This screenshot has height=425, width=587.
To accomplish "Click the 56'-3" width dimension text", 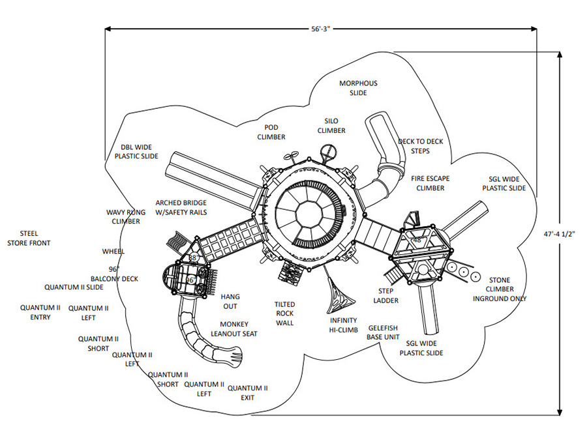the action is click(322, 29).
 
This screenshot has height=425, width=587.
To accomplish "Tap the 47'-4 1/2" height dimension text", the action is click(560, 234).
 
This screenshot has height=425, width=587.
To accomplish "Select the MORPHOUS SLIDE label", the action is click(358, 88).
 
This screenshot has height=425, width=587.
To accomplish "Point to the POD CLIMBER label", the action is click(271, 132).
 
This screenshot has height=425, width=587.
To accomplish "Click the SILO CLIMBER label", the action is click(331, 126).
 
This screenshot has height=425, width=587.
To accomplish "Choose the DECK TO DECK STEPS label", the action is click(421, 146).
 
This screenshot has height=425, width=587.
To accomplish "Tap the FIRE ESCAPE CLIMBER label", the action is click(430, 183).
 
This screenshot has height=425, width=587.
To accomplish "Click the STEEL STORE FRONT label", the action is click(29, 239).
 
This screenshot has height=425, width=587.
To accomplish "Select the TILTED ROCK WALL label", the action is click(284, 314).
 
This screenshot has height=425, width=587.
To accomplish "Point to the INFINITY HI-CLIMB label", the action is click(344, 325).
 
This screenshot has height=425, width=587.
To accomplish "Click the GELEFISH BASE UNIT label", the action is click(383, 332).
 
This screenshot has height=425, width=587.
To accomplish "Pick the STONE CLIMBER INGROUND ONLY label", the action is click(500, 289).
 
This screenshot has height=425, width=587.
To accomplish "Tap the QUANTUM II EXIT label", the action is click(247, 393).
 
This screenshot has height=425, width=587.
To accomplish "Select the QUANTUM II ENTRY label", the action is click(40, 312).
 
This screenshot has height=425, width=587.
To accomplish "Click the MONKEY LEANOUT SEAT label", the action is click(234, 329).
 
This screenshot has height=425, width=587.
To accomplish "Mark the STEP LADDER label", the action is click(385, 295).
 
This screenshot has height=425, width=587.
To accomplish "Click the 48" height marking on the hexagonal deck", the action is click(417, 240).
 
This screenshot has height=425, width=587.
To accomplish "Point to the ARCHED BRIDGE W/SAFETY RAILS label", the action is click(181, 208).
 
